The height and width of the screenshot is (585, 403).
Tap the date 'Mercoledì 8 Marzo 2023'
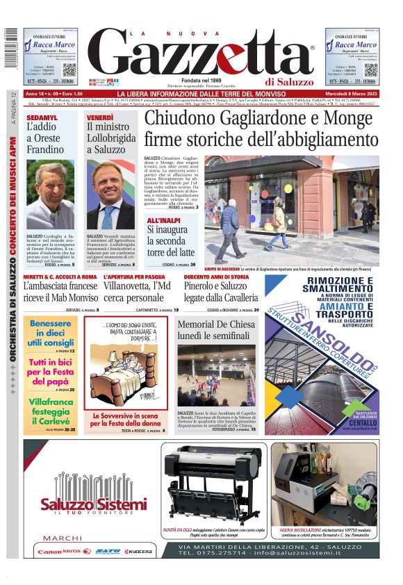[x=349, y=94]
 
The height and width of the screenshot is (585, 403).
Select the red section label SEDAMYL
[x=42, y=117]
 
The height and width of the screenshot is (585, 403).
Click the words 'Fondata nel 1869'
[x=201, y=81]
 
